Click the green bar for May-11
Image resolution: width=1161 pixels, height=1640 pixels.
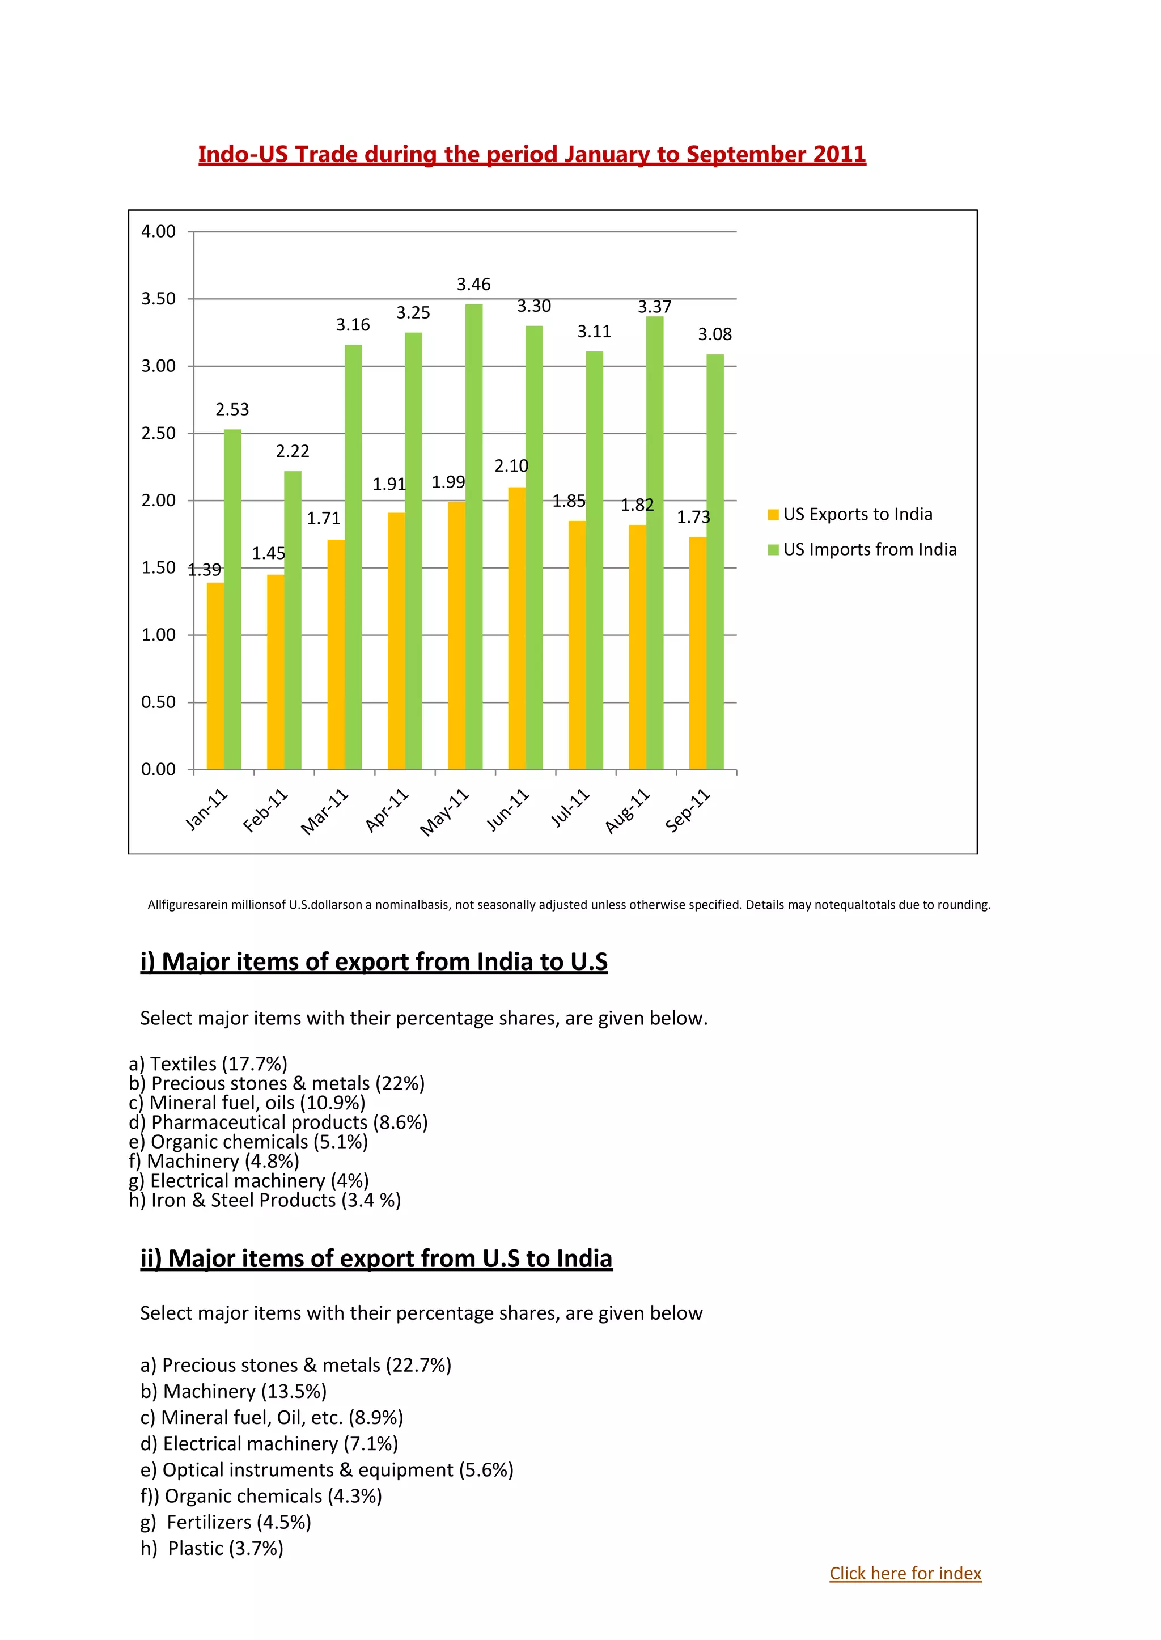(x=473, y=536)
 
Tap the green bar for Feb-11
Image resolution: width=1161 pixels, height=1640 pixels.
(x=293, y=620)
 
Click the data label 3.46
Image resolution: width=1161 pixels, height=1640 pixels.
(x=473, y=285)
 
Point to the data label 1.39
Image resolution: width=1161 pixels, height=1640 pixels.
(x=205, y=570)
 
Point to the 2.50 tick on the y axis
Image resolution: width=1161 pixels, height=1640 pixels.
(x=158, y=433)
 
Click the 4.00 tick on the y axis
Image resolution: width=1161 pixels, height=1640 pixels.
(x=158, y=232)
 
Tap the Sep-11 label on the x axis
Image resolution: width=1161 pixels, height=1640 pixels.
(x=687, y=811)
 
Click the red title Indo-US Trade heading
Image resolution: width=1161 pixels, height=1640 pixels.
(x=532, y=154)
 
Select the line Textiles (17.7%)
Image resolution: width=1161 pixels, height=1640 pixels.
(x=208, y=1064)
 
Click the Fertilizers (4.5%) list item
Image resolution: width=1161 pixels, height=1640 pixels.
(x=226, y=1522)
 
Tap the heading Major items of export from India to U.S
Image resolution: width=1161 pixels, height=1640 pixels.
(x=374, y=961)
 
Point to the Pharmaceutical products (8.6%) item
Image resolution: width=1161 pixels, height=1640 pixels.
(x=278, y=1122)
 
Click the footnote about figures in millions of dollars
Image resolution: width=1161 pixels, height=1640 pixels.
(x=569, y=904)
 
